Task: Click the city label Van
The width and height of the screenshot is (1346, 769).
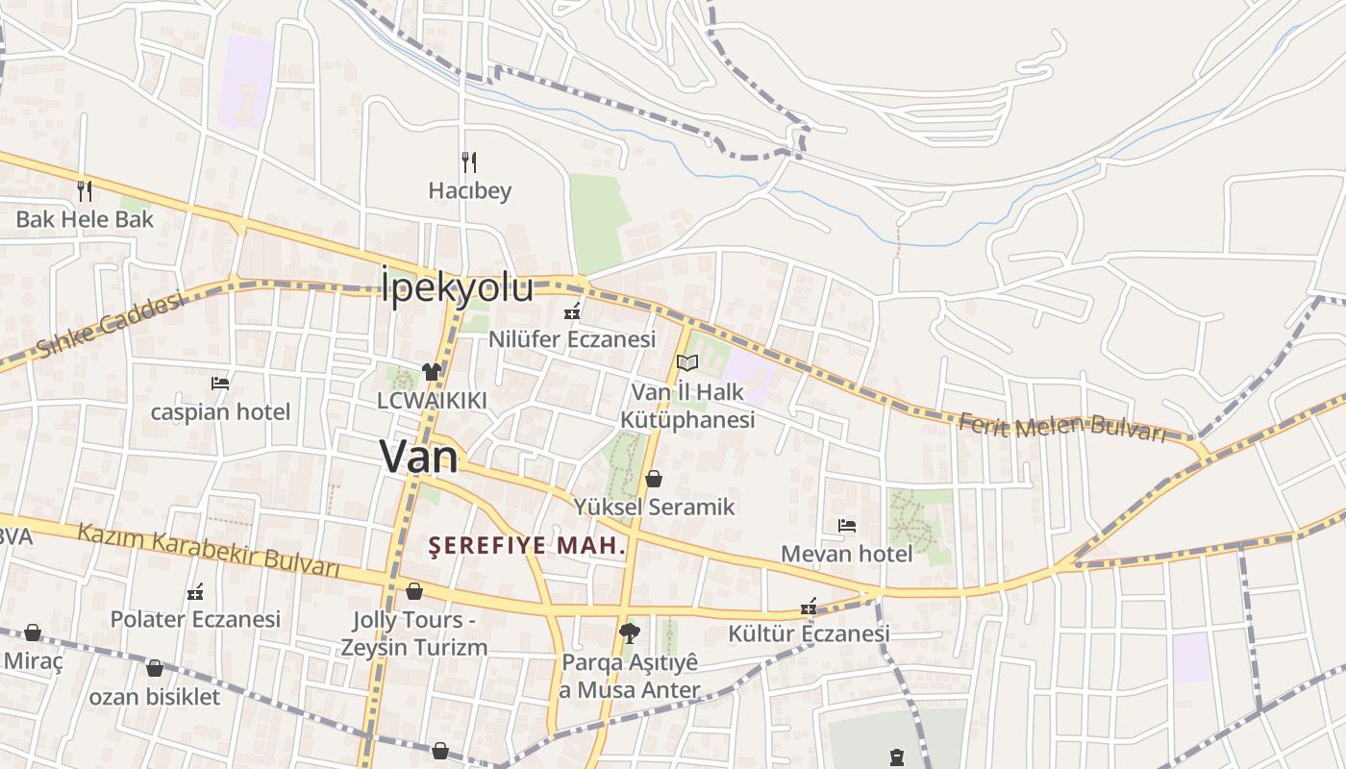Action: coord(418,456)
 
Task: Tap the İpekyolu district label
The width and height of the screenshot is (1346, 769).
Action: coord(457,286)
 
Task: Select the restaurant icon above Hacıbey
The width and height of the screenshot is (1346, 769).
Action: coord(469,161)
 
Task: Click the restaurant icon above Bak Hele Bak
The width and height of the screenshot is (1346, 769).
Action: coord(85,190)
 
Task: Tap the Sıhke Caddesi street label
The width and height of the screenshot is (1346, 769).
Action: coord(110,325)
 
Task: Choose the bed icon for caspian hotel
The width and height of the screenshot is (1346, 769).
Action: coord(220,383)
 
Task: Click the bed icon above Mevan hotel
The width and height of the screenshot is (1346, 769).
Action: coord(846,525)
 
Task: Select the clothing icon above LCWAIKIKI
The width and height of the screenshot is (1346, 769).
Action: coord(431,371)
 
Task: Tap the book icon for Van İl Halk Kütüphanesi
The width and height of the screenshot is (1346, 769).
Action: coord(686,362)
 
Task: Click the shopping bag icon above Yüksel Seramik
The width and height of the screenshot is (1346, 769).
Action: coord(654,478)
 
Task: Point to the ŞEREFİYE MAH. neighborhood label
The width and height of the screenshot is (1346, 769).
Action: coord(527,547)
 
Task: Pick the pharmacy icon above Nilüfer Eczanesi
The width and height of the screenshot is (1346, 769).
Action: coord(572,310)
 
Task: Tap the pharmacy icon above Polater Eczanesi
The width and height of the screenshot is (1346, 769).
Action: coord(195,590)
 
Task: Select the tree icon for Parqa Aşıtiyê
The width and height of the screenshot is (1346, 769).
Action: coord(630,633)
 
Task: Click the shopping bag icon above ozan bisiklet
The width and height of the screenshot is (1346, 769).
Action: coord(155,667)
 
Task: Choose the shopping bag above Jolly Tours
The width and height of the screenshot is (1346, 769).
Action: coord(414,590)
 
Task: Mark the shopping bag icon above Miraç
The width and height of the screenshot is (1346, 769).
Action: coord(33,633)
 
